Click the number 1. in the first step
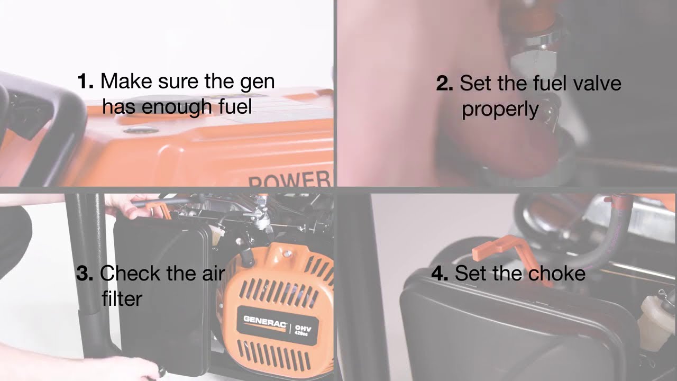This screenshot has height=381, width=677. tap(85, 81)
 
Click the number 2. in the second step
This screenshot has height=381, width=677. tap(444, 84)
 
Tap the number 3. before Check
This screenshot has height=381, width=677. tap(85, 274)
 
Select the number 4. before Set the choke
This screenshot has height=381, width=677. tap(440, 274)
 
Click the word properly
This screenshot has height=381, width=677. tap(500, 110)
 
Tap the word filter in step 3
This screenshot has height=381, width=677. tap(122, 298)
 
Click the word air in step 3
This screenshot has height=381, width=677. tap(212, 273)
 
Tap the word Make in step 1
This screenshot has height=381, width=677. tap(125, 81)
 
